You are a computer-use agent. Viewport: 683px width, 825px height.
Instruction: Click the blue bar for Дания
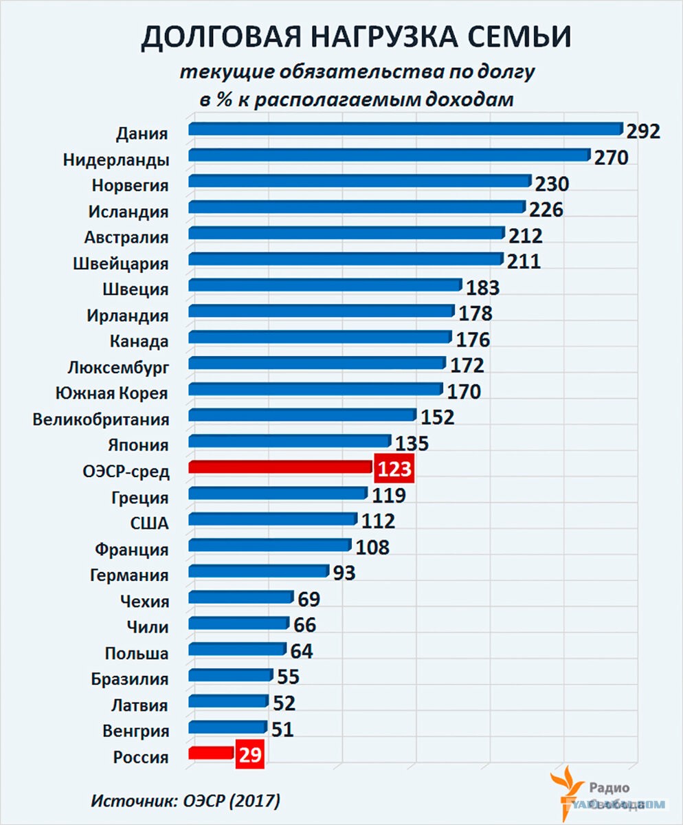405,129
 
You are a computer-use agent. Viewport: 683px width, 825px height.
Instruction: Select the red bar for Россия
212,752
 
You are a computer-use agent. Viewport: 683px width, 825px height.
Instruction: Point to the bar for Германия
258,571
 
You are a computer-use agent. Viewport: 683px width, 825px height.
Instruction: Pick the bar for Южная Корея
315,389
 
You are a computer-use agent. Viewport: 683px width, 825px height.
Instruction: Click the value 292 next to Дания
642,131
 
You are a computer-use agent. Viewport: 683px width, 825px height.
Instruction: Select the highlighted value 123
394,470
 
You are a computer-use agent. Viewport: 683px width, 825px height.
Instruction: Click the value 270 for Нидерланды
611,157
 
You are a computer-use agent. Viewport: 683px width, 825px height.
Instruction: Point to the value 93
344,573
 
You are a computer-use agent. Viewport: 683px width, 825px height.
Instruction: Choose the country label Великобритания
101,419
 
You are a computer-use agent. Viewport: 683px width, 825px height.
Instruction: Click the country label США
149,523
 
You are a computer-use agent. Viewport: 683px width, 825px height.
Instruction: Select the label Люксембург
118,367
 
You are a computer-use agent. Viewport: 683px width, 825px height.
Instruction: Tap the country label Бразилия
130,679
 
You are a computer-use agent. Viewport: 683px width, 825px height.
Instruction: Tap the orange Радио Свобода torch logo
566,791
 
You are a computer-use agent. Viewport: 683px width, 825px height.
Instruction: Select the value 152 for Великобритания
437,417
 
